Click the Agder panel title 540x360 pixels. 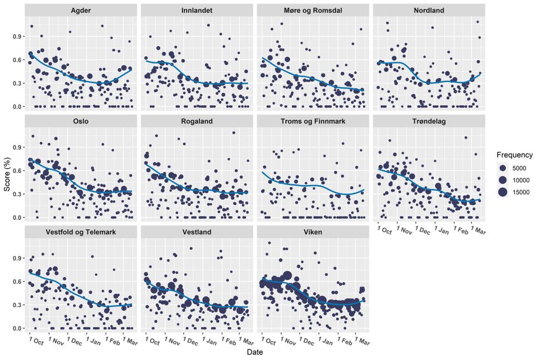(81, 11)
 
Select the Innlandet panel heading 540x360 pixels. (197, 11)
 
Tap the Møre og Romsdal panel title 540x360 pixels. (313, 11)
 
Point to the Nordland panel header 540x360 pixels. (429, 11)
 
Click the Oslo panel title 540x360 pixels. (81, 121)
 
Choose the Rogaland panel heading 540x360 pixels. (197, 121)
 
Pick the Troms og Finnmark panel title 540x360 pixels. (313, 121)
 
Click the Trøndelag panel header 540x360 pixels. (429, 121)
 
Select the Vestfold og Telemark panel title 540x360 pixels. (81, 232)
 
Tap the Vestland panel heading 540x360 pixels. (197, 232)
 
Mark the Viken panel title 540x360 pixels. (313, 232)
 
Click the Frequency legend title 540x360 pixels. (514, 155)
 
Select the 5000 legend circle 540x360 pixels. (503, 168)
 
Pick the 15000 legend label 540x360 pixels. (521, 193)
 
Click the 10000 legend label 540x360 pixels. (521, 180)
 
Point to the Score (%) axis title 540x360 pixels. (7, 174)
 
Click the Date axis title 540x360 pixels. (255, 352)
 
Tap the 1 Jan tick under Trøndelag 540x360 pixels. (441, 230)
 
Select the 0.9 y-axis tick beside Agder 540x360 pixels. (17, 37)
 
